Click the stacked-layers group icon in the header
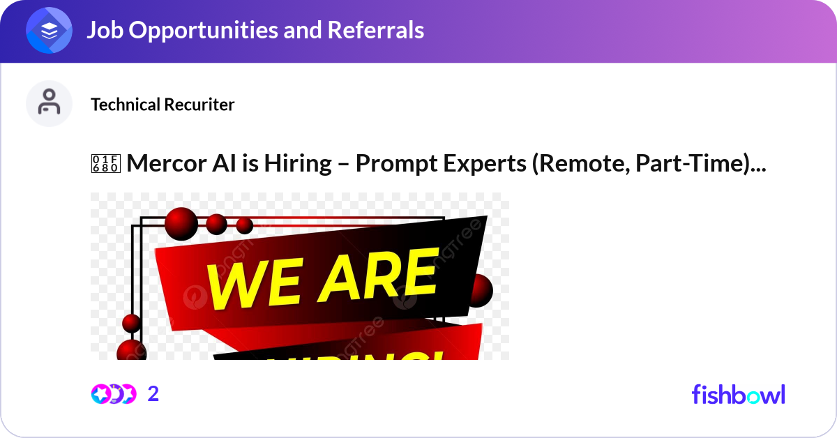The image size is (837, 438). point(50,31)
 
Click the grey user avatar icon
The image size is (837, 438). point(50,103)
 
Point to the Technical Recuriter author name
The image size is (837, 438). point(163,105)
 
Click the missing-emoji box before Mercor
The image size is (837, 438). point(106,164)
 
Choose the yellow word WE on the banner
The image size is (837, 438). point(248,282)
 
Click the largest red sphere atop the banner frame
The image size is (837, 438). point(181,223)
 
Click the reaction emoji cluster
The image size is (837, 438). point(113,394)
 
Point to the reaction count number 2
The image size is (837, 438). point(153,394)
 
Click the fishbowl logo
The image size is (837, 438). point(738,394)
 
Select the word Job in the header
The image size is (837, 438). point(103,30)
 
